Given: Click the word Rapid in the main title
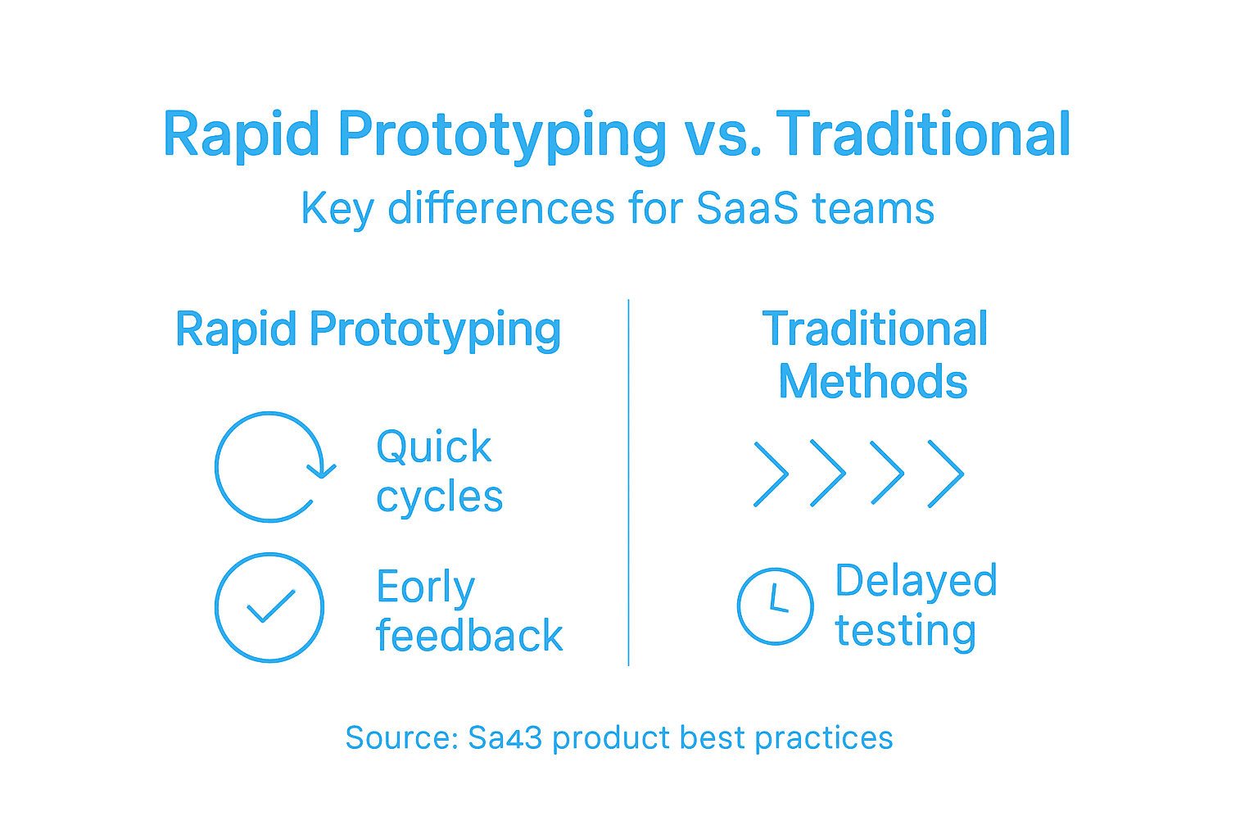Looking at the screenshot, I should pos(242,135).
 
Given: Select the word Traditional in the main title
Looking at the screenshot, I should pos(923,135).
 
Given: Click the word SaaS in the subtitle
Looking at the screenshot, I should pos(747,208).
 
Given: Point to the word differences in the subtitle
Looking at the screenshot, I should pos(501,208).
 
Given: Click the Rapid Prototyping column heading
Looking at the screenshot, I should pos(368,330).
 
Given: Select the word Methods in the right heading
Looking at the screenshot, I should pos(873,382).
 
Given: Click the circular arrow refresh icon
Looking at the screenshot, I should pos(271,467).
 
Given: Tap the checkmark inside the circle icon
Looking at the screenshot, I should pos(269,607).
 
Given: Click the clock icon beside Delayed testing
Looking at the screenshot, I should pos(775,606).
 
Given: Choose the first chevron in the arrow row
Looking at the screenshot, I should pos(770,474).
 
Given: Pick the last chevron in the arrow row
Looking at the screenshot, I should pos(945,474).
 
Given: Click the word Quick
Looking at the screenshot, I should pos(433,447).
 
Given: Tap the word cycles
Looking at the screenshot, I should pos(439,497).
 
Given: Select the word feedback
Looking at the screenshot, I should pos(469,637).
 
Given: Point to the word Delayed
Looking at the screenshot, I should pos(916,581).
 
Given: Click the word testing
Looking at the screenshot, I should pos(905,631).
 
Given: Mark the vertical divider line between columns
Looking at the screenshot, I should pos(628,483).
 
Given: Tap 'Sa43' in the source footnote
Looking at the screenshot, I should pos(505,737).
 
